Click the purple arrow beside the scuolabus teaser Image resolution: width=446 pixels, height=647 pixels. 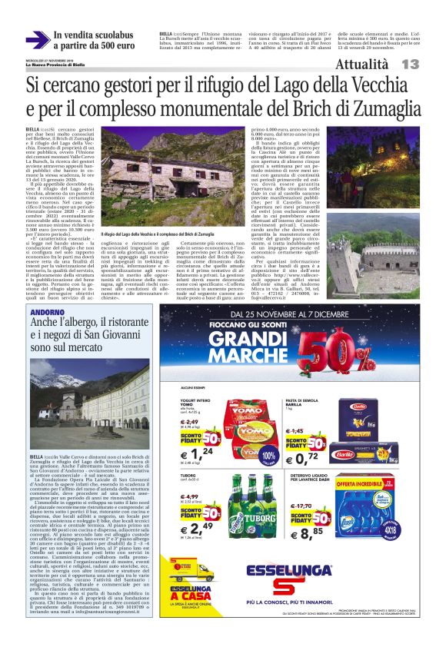pos(36,39)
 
